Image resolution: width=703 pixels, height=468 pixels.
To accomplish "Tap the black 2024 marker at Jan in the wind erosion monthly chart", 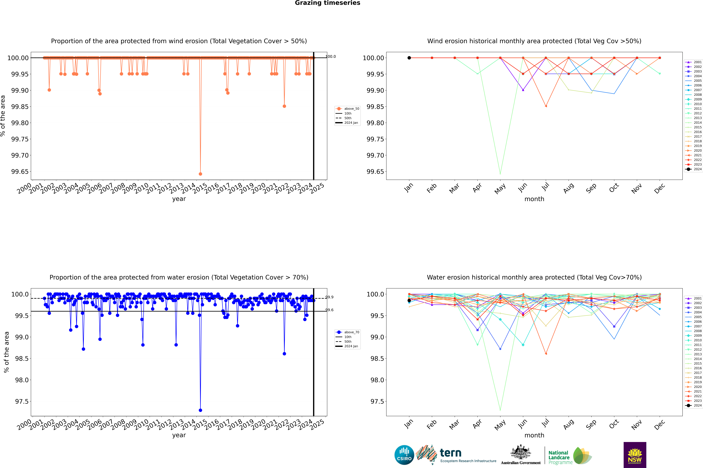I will click(x=409, y=58).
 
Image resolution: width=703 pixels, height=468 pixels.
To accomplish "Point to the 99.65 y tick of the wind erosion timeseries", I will click(x=20, y=172).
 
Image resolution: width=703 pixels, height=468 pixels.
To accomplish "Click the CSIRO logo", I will click(x=404, y=455).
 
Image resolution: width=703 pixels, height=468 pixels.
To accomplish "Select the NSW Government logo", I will click(x=635, y=455).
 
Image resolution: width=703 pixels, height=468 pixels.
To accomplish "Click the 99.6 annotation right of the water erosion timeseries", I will click(x=329, y=310).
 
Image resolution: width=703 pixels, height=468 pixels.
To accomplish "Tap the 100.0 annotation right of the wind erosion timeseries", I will click(x=330, y=56).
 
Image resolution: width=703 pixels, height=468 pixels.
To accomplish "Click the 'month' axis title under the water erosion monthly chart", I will click(x=534, y=435).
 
